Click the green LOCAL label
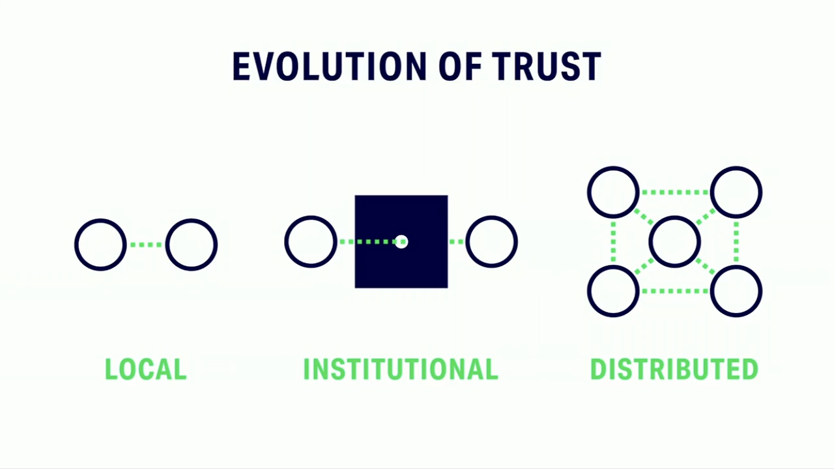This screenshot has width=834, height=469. (x=146, y=369)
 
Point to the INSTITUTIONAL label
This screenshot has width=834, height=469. (x=401, y=369)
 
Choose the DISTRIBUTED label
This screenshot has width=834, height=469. (x=674, y=369)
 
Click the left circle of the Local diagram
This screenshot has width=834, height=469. (x=100, y=245)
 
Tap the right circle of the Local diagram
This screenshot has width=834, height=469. (x=191, y=245)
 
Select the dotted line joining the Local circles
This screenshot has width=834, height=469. (x=146, y=245)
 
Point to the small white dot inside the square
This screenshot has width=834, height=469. (x=401, y=242)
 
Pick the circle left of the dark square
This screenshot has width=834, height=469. (x=311, y=242)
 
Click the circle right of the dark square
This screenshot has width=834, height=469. (x=492, y=242)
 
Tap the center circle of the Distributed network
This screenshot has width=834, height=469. (x=674, y=242)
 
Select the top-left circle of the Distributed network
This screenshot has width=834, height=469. (x=613, y=192)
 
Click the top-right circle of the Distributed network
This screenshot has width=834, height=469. (x=736, y=192)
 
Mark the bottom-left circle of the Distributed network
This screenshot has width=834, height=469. (x=613, y=291)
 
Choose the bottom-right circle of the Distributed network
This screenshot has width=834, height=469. (x=736, y=291)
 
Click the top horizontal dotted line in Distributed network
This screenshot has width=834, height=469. (x=674, y=192)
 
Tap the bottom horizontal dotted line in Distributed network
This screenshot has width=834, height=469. (x=674, y=291)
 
